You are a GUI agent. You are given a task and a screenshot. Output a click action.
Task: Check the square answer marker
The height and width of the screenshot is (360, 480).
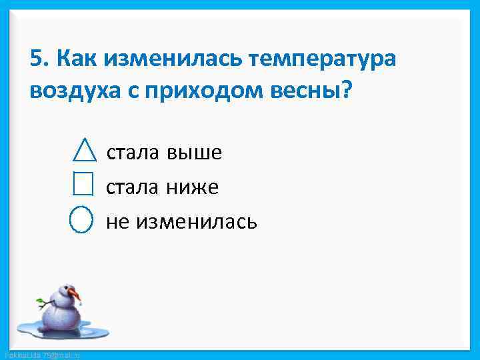(83, 183)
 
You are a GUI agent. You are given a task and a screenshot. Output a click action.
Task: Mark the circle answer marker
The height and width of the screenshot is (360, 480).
(81, 219)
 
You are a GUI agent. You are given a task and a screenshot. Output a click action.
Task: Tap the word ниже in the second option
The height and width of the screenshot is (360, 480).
(192, 187)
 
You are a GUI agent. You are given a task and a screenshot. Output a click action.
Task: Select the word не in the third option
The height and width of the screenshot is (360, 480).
(118, 221)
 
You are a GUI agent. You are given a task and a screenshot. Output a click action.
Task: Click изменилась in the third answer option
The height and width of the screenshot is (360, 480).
(196, 221)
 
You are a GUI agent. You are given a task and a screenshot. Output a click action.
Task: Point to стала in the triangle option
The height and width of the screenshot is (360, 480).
(133, 153)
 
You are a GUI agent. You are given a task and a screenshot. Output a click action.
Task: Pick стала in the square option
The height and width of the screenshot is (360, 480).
(133, 187)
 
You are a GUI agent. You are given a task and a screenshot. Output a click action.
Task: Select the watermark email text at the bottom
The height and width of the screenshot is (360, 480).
(41, 355)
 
